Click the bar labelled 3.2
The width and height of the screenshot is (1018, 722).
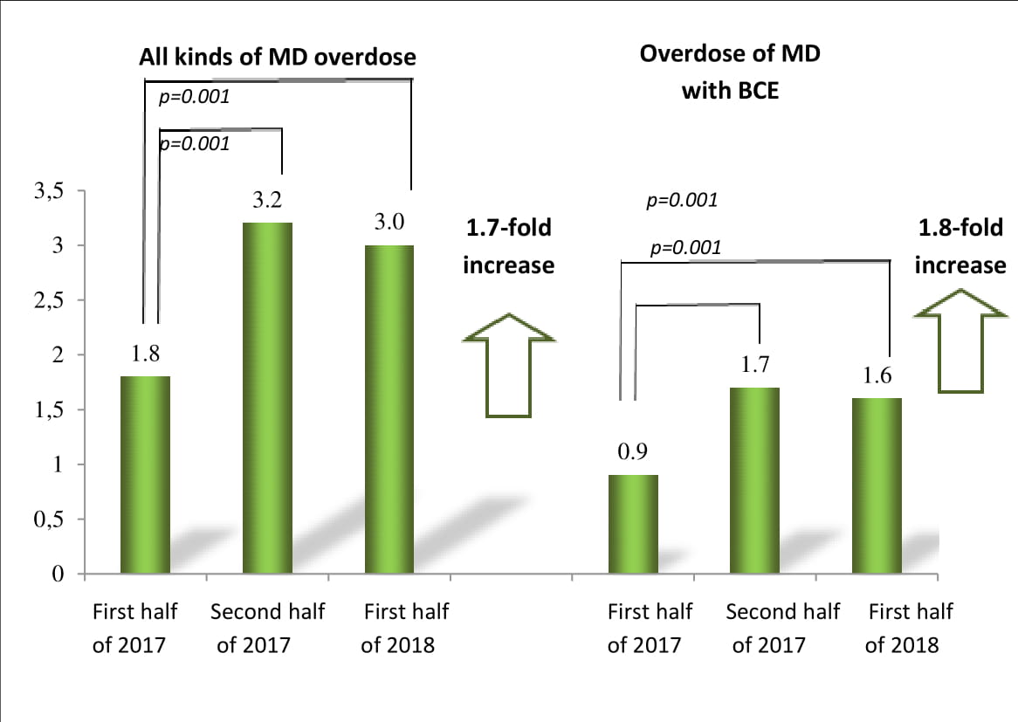click(x=267, y=398)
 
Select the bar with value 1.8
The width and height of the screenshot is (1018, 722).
click(x=145, y=475)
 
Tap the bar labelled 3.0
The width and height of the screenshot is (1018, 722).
click(x=389, y=409)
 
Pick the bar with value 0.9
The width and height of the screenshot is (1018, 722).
click(x=633, y=524)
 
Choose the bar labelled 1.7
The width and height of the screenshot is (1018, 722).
click(x=754, y=480)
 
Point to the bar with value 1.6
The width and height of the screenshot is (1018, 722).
click(x=877, y=485)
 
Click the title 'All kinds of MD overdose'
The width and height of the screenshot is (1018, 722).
click(x=278, y=58)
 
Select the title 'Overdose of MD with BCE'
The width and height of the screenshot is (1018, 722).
click(x=730, y=72)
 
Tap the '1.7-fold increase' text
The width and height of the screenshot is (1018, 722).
click(x=508, y=246)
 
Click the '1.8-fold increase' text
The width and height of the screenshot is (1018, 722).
click(x=960, y=246)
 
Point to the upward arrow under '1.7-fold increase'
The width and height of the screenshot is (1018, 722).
click(x=508, y=365)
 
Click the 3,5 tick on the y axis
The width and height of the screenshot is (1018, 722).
click(x=49, y=191)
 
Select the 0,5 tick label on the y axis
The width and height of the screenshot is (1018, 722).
click(x=49, y=519)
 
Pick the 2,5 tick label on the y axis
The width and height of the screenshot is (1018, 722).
click(x=49, y=300)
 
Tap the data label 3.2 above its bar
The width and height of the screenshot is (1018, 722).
click(x=267, y=201)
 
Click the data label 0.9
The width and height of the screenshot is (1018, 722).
click(x=632, y=452)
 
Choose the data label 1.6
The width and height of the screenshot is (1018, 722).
click(x=877, y=376)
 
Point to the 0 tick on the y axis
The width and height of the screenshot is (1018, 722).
click(x=58, y=574)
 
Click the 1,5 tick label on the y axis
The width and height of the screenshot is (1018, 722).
click(x=49, y=410)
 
